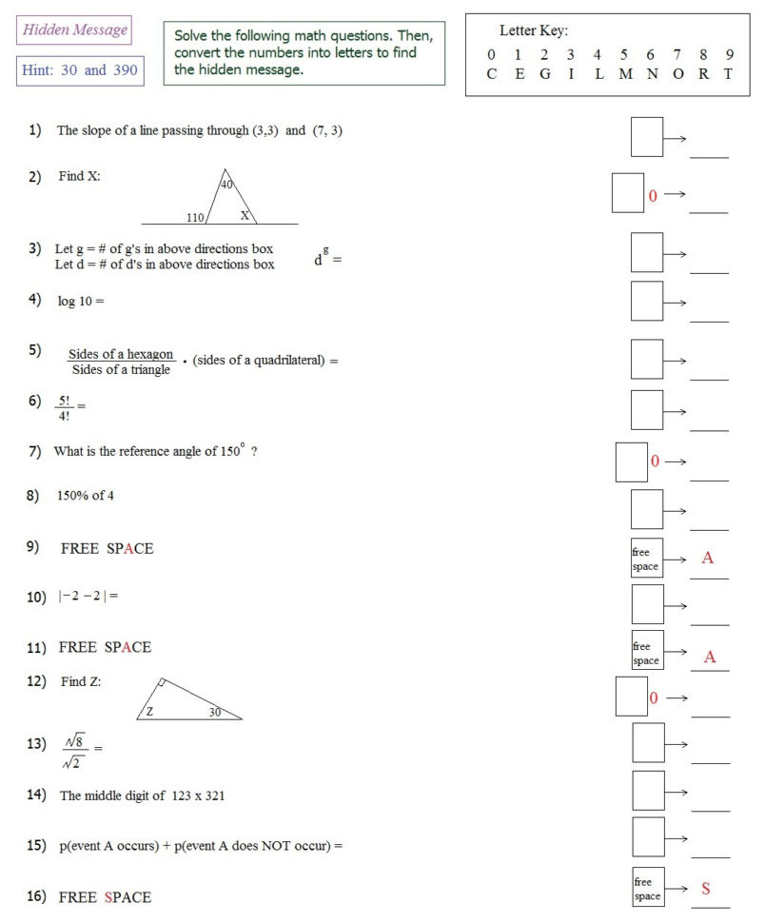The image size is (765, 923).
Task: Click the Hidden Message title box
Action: coord(74,30)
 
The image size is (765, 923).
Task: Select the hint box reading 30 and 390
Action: coord(80,71)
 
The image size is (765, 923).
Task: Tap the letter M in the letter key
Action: coord(623,74)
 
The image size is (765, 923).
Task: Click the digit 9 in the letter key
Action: coord(729,55)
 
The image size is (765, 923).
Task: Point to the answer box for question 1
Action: coord(647,137)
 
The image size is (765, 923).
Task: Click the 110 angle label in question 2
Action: coord(196,218)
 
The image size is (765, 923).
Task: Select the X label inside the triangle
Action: coord(245,216)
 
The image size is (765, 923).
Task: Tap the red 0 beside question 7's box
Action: coord(655,461)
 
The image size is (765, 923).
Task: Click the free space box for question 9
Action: coord(647,559)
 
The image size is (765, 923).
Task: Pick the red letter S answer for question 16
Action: coord(706,889)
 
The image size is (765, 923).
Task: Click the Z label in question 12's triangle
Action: coord(150,711)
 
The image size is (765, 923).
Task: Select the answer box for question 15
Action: coord(649,836)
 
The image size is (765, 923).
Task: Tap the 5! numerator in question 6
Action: coord(64,401)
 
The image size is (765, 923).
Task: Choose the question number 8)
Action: coord(33,495)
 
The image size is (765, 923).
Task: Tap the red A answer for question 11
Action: coord(709,657)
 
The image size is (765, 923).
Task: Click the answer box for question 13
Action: coord(649,742)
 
